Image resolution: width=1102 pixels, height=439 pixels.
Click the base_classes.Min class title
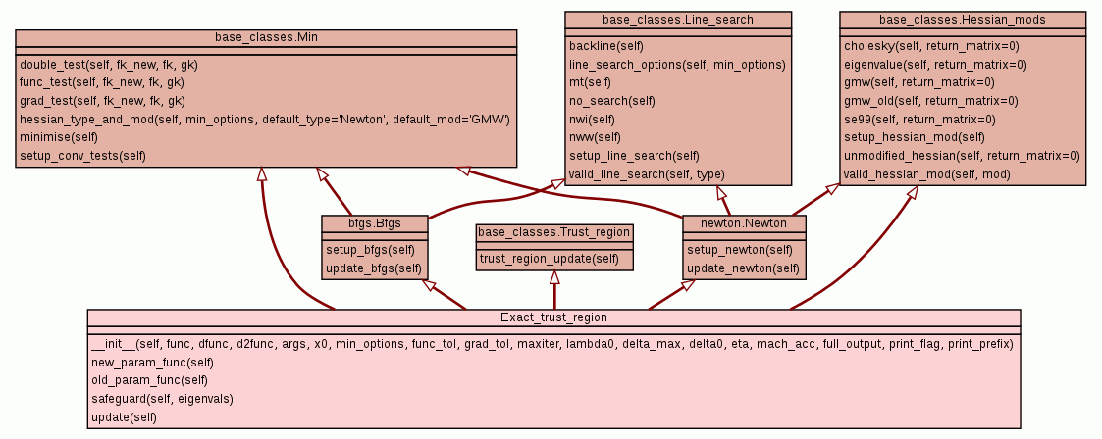click(266, 37)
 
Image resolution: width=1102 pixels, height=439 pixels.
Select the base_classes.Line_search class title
click(678, 20)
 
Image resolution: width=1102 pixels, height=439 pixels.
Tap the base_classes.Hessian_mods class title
click(962, 20)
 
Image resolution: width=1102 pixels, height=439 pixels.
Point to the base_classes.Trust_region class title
click(554, 232)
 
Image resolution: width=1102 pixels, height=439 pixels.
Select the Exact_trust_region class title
click(553, 317)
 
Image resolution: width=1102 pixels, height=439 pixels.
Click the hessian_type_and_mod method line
click(264, 119)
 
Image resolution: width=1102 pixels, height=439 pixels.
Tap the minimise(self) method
click(59, 137)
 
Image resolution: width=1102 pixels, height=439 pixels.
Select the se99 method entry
click(918, 119)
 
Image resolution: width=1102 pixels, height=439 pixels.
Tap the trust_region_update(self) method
click(550, 258)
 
